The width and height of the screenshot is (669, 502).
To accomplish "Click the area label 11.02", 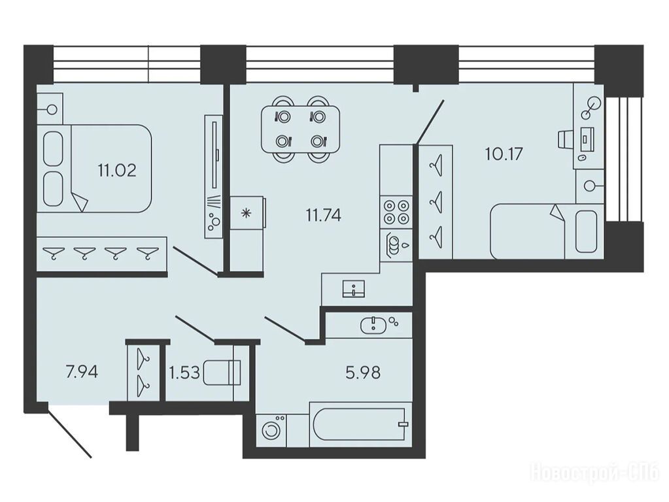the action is click(117, 171).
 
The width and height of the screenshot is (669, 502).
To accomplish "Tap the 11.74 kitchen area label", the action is click(324, 216).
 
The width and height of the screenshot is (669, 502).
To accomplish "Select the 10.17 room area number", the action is click(504, 154).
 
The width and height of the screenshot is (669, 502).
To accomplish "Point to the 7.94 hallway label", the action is click(82, 372).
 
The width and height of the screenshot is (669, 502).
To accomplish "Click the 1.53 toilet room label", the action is click(184, 373).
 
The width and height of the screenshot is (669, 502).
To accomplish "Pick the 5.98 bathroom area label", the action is click(363, 373).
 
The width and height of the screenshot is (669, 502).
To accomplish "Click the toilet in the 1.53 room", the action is click(222, 373).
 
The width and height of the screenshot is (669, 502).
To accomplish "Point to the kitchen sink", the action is click(354, 288).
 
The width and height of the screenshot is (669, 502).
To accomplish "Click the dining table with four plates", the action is click(301, 129).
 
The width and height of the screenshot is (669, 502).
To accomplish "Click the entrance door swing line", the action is click(69, 433).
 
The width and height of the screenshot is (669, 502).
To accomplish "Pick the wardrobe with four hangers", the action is click(101, 254).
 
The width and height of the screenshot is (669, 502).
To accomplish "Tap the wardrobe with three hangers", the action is click(436, 201).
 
